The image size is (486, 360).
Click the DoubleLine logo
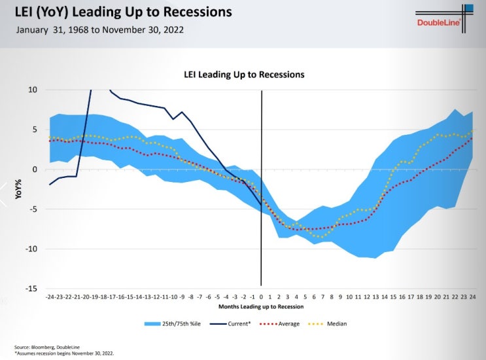click(444, 18)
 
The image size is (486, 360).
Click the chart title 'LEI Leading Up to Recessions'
click(244, 75)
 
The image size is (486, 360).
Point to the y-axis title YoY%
click(18, 189)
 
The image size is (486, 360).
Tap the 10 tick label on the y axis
click(33, 90)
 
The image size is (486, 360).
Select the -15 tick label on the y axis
click(31, 289)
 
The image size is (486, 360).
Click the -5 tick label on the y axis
click(33, 209)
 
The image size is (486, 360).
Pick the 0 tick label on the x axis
click(261, 297)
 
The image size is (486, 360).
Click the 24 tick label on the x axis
click(472, 297)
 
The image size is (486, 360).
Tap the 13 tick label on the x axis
click(375, 297)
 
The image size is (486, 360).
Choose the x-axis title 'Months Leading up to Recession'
click(261, 307)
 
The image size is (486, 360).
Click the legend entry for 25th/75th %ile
click(172, 324)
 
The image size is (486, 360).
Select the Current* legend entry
click(230, 324)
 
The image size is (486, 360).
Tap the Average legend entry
click(279, 324)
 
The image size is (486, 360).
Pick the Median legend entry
click(327, 324)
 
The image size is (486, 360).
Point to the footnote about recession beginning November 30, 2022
click(64, 353)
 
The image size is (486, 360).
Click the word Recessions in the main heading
click(198, 12)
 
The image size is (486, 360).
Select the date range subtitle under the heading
click(100, 30)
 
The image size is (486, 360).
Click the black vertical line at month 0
click(262, 188)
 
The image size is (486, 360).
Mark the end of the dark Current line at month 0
click(261, 205)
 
